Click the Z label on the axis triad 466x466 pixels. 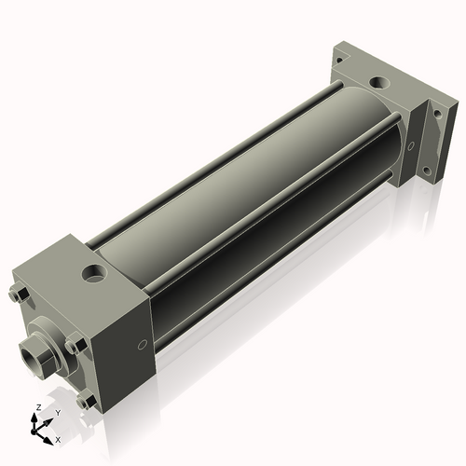pos(36,408)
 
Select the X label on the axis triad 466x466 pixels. pos(58,438)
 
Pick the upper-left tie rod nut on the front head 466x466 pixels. pos(20,296)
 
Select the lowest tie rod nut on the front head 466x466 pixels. pos(87,402)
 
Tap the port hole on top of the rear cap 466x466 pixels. pos(380,83)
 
